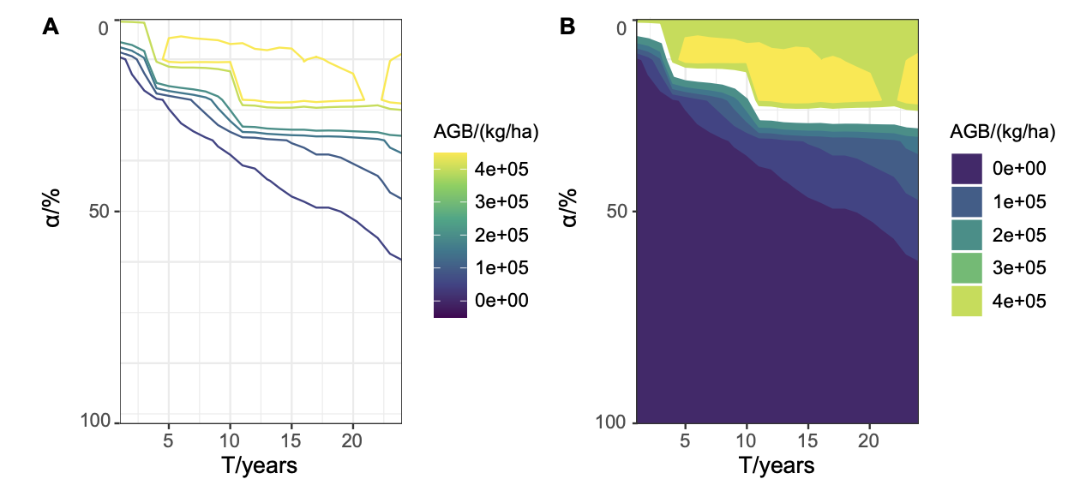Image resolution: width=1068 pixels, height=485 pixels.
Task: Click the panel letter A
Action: [x=51, y=27]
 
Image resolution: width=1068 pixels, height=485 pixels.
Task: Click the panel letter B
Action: [x=567, y=27]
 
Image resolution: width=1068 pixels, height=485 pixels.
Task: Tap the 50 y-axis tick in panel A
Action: [x=99, y=211]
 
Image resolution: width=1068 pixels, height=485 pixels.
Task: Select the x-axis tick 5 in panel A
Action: [x=169, y=440]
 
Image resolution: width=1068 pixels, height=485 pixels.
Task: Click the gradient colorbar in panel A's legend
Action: [x=451, y=236]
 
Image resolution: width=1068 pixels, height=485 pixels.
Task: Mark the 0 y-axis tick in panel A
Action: [x=104, y=29]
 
